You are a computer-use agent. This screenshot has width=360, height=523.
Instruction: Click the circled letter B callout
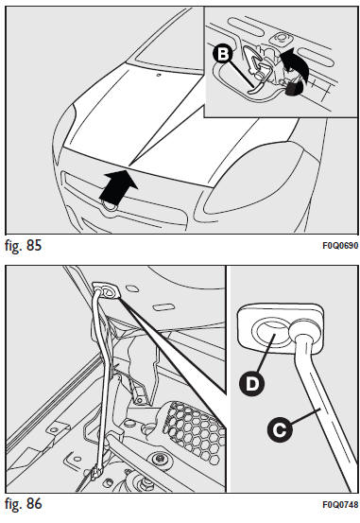(x=223, y=54)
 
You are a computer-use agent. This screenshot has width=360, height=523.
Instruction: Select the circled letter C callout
(x=280, y=429)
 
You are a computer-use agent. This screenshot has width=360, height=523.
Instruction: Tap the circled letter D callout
(x=251, y=383)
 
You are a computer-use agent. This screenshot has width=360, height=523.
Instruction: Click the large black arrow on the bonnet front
(x=117, y=187)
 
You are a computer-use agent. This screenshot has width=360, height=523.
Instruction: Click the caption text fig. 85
(x=24, y=246)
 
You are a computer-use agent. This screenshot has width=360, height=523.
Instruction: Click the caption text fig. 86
(x=24, y=504)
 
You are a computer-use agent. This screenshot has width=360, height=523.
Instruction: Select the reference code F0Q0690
(x=340, y=246)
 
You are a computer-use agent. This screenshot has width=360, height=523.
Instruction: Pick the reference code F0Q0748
(x=340, y=504)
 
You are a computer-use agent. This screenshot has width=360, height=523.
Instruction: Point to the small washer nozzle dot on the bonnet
(x=159, y=75)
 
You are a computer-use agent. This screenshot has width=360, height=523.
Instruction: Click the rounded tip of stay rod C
(x=302, y=329)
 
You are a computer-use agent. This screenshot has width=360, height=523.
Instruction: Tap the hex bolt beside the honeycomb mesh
(x=160, y=459)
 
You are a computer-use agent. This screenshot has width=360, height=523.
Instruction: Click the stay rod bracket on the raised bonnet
(x=105, y=291)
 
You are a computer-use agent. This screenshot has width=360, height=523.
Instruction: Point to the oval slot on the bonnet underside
(x=163, y=306)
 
